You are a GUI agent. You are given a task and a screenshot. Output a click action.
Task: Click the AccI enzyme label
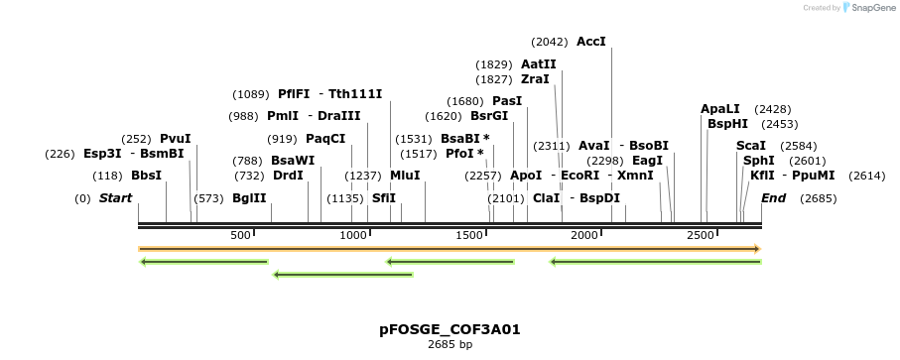590,42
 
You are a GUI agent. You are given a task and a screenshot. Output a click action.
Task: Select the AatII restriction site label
538,63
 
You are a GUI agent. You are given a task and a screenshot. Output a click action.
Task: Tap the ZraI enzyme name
535,79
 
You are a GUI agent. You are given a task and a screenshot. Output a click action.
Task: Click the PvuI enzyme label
175,139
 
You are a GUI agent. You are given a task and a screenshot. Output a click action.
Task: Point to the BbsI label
146,176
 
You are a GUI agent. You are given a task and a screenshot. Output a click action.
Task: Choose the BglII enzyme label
249,198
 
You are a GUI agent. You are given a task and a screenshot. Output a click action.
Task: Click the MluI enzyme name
405,176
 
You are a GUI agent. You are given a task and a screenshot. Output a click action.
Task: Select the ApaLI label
720,108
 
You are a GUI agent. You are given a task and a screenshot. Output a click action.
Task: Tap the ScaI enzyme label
751,146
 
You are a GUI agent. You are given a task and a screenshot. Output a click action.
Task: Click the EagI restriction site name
647,161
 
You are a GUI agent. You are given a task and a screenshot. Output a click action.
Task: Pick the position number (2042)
550,42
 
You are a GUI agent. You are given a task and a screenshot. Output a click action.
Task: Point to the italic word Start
115,198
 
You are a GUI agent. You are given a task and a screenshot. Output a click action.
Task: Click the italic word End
773,198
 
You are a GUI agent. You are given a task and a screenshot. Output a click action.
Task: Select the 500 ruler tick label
240,235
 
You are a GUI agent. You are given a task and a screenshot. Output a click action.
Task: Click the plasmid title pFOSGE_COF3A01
450,329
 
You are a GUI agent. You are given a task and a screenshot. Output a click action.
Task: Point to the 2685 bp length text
450,345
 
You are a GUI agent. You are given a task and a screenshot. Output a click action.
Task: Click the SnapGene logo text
869,8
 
